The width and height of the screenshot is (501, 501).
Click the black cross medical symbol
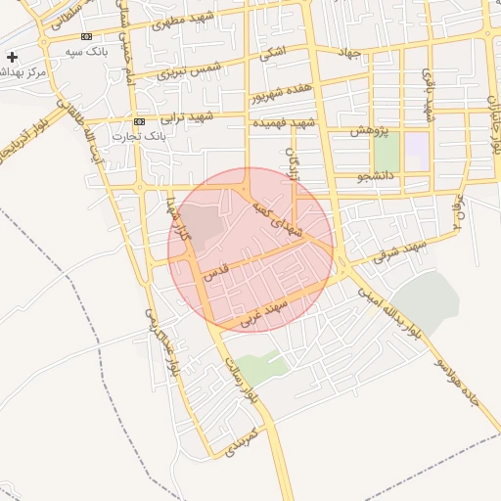click(x=12, y=58)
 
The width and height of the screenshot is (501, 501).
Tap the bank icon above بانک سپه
click(x=86, y=36)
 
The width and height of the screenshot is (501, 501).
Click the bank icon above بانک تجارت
click(x=140, y=121)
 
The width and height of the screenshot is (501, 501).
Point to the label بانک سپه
click(x=86, y=51)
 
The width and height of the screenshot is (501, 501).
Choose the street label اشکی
click(x=274, y=51)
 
